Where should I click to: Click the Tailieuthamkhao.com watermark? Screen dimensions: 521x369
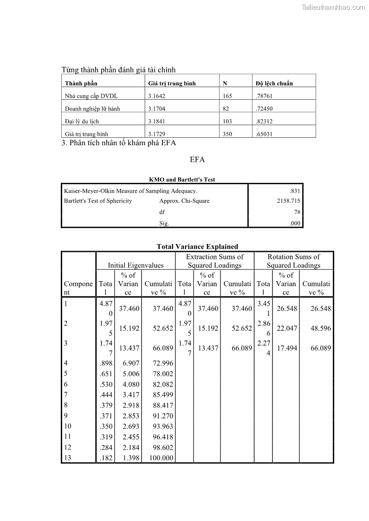click(333, 7)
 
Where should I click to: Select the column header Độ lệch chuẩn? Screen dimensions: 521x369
click(274, 84)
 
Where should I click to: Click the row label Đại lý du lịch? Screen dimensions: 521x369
click(82, 122)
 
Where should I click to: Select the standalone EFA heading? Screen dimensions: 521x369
click(197, 160)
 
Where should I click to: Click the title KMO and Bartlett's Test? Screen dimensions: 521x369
click(182, 180)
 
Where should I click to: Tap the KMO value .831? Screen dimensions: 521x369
click(295, 191)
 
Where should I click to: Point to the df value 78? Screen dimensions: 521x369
click(297, 212)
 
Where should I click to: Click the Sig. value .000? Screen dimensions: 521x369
click(295, 223)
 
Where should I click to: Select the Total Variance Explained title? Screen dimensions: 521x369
click(197, 247)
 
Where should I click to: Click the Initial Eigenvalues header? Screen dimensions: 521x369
click(136, 265)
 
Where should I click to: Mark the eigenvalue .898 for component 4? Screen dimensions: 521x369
click(106, 363)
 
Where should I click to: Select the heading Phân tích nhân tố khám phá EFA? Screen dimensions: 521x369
click(119, 143)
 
